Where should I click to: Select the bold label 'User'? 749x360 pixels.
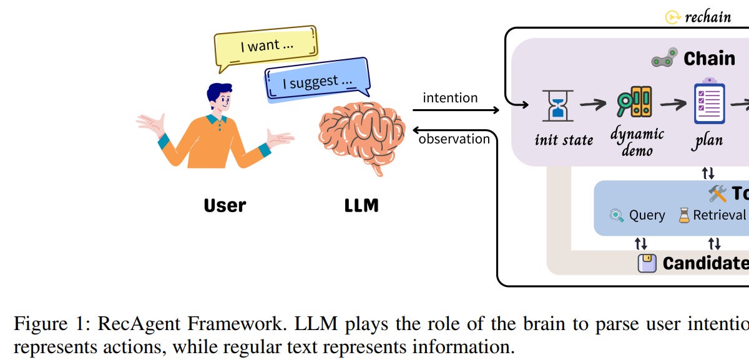tap(225, 205)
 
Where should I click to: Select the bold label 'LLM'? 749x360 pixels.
tap(361, 205)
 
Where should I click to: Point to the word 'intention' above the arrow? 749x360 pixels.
tap(450, 98)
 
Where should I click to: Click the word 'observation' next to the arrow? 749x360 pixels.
tap(454, 139)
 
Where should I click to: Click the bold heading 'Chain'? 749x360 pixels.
tap(709, 59)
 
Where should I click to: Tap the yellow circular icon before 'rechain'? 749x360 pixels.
tap(672, 17)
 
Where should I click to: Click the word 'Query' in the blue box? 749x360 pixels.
tap(647, 215)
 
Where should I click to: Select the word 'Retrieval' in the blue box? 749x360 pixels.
tap(719, 215)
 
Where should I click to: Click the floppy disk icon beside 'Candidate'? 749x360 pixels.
tap(647, 263)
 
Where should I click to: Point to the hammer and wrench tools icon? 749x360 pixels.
tap(718, 193)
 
